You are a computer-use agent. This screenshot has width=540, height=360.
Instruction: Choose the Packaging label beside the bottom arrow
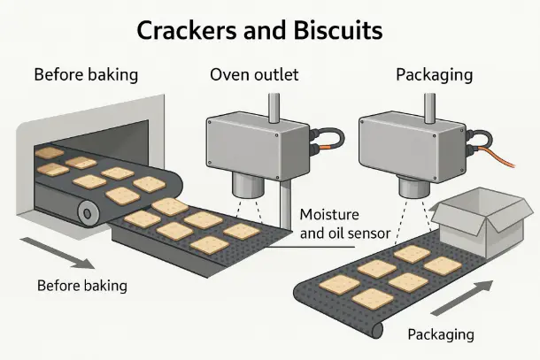point(440,334)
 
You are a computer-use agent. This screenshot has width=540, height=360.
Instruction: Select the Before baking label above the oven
point(86,74)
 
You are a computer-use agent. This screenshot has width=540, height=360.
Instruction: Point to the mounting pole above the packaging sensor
point(428,103)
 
